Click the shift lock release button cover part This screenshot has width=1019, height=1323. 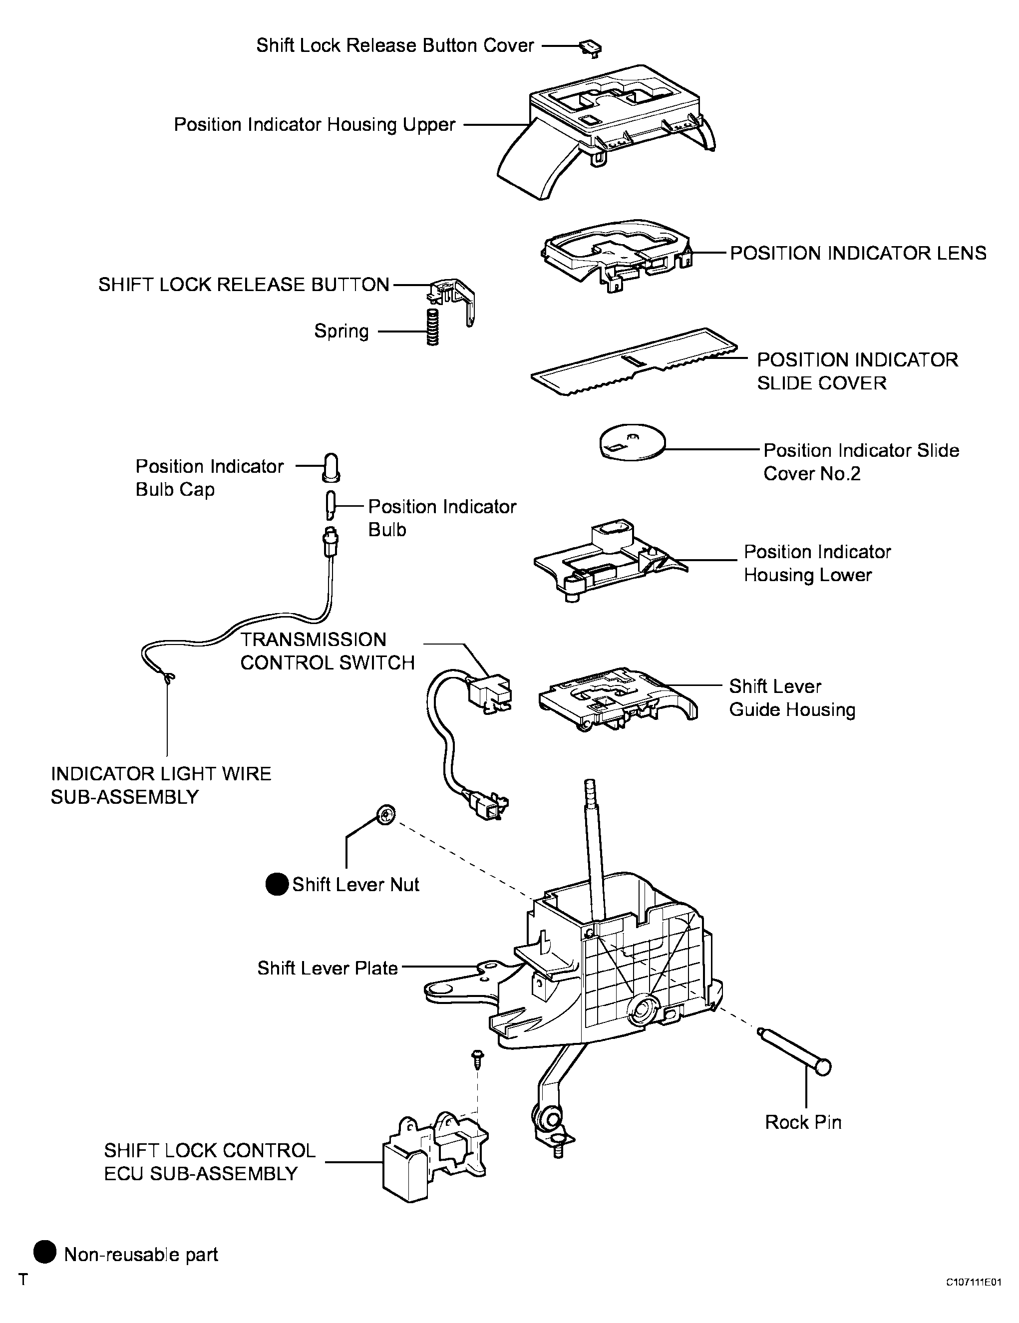(591, 48)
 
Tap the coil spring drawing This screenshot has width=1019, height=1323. (432, 327)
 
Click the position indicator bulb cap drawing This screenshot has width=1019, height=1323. (332, 466)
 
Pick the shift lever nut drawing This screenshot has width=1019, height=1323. (386, 815)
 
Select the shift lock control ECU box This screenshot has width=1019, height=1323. (435, 1158)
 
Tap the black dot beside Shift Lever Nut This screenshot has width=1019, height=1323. (277, 885)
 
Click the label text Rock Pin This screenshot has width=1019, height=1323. (803, 1122)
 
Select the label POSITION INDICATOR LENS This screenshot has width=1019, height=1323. (858, 253)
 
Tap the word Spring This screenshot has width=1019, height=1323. (341, 331)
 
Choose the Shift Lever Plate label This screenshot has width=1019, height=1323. (327, 968)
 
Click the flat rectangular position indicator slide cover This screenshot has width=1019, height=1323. (634, 362)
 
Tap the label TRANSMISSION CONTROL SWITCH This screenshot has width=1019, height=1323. (327, 651)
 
